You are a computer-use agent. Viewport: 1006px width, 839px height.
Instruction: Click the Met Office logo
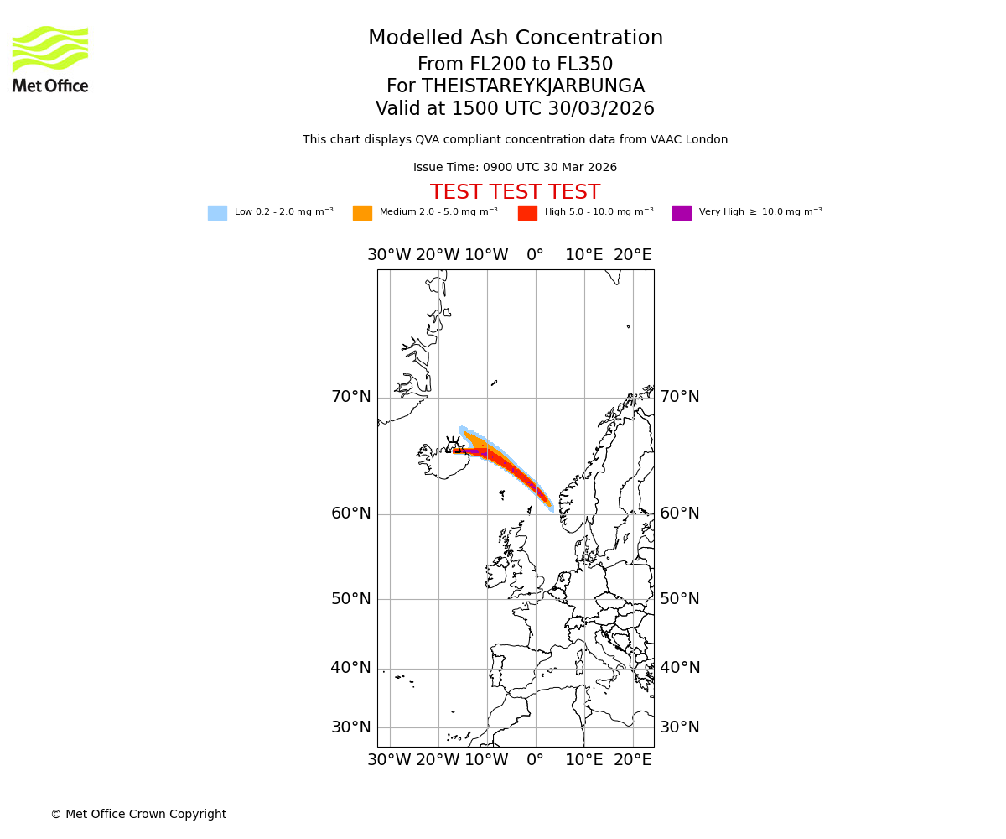coord(50,59)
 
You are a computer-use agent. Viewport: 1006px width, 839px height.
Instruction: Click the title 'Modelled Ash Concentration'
coord(515,39)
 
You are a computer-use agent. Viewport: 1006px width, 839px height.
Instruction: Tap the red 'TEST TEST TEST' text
coord(515,192)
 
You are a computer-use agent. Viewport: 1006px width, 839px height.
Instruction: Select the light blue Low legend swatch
coord(217,213)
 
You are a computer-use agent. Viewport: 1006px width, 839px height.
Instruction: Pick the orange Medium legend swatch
coord(362,213)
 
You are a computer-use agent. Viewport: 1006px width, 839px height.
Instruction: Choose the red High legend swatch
coord(527,213)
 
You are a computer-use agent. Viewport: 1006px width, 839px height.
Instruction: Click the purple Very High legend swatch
coord(682,213)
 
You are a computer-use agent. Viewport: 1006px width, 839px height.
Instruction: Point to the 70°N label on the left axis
coord(350,397)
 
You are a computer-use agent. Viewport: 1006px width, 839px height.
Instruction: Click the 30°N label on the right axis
coord(680,727)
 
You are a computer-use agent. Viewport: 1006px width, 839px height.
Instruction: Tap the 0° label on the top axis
coord(535,255)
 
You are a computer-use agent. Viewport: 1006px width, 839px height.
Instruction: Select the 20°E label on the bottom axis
coord(632,760)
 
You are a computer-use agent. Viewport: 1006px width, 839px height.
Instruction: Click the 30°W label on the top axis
coord(389,255)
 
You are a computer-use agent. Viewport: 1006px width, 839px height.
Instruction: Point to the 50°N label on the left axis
coord(350,599)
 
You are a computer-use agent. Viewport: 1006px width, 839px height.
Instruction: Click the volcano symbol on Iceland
coord(454,446)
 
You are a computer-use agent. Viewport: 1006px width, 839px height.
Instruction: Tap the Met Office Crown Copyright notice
coord(138,815)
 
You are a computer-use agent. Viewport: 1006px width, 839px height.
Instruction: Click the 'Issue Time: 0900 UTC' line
coord(515,168)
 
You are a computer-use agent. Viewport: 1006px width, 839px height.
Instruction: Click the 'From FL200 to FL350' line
coord(515,65)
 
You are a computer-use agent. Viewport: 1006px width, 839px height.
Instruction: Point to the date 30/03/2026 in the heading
coord(601,109)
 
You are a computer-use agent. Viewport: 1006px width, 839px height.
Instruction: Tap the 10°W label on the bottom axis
coord(486,760)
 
